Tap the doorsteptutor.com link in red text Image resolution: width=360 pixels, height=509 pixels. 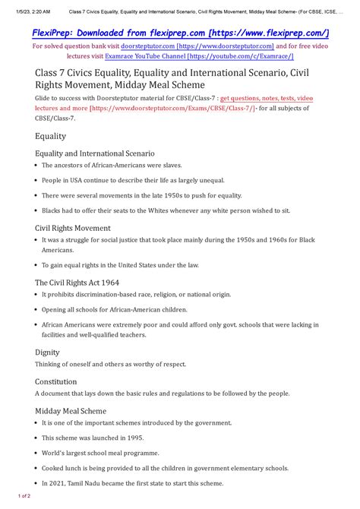point(153,46)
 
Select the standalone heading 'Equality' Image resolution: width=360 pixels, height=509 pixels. point(50,136)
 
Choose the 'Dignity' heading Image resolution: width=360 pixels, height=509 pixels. point(49,352)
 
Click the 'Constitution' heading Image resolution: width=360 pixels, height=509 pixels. point(56,381)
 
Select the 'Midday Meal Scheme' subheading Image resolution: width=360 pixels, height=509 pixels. point(71,410)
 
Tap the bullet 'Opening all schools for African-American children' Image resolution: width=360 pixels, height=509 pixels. point(119,309)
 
